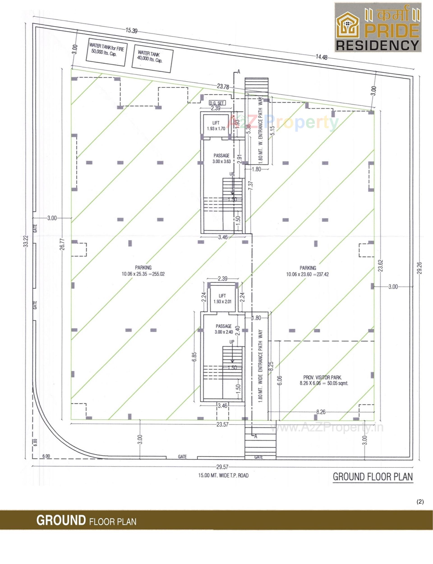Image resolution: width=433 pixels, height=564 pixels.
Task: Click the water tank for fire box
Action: pos(106,52)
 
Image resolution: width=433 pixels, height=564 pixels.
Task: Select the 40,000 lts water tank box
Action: pos(152,59)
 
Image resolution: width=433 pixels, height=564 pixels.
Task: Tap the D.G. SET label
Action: pos(217,103)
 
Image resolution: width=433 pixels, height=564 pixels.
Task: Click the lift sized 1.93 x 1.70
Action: pos(216,126)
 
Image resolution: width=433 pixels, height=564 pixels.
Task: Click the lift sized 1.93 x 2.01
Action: pos(222,299)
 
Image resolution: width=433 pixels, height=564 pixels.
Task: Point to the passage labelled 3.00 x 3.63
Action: pos(221,158)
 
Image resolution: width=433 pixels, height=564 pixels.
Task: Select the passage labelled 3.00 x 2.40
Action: pos(223,329)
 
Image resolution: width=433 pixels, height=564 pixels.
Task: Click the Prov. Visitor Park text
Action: pos(322,377)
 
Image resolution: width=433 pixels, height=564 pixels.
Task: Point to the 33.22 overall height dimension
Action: pos(25,241)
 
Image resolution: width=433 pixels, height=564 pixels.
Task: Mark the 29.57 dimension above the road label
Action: pos(222,467)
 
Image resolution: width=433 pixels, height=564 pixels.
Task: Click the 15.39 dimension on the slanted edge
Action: pos(131,30)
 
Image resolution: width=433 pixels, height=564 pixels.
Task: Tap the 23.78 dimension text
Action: pos(223,86)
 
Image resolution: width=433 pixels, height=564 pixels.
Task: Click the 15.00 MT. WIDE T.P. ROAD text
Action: pos(223,475)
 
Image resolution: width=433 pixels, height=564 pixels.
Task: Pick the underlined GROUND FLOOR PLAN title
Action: pos(373,477)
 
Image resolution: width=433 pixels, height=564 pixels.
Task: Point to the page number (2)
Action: pos(420,502)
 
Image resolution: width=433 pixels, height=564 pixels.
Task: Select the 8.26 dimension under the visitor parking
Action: pos(321,412)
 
